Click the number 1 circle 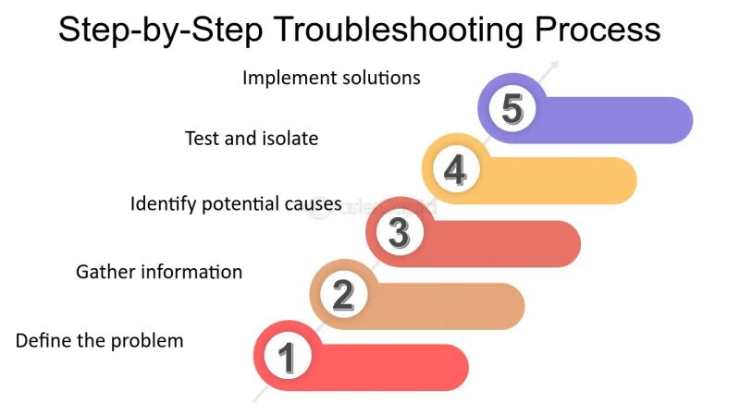pyautogui.click(x=287, y=356)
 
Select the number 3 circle pyautogui.click(x=399, y=233)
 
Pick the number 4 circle pyautogui.click(x=455, y=170)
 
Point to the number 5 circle pyautogui.click(x=512, y=109)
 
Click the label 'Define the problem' pyautogui.click(x=100, y=341)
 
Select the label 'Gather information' pyautogui.click(x=159, y=272)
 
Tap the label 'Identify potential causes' pyautogui.click(x=236, y=203)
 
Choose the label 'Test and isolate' pyautogui.click(x=252, y=139)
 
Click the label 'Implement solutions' pyautogui.click(x=331, y=78)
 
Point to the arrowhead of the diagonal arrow pyautogui.click(x=555, y=65)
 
